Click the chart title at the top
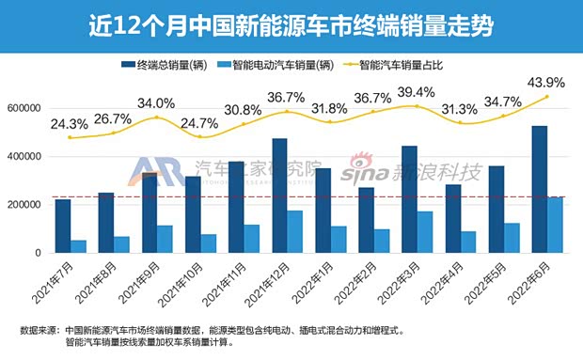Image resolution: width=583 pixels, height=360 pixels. click(x=291, y=20)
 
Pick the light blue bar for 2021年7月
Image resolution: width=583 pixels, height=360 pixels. click(x=79, y=246)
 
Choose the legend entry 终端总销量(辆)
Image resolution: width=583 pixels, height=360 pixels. click(x=164, y=65)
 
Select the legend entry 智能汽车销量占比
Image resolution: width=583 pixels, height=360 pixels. click(x=391, y=65)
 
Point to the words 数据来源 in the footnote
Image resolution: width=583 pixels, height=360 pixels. click(x=38, y=330)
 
